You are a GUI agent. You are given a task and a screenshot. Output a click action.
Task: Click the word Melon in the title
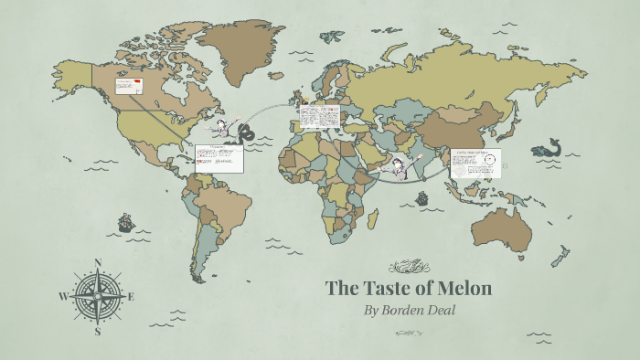(x=463, y=289)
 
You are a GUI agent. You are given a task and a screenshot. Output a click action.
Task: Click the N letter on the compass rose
(x=99, y=263)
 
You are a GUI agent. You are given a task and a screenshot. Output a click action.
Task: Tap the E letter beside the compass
(x=131, y=296)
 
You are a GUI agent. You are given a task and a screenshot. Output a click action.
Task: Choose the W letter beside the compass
(x=63, y=296)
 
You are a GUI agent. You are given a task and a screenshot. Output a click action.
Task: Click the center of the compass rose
(x=98, y=296)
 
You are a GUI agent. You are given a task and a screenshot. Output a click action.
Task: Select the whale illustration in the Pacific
(x=549, y=149)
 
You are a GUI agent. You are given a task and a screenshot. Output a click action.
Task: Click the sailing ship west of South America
(x=124, y=223)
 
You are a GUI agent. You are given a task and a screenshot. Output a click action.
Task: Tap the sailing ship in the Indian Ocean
(x=423, y=197)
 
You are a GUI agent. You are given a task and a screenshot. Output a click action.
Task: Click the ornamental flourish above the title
(x=409, y=267)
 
